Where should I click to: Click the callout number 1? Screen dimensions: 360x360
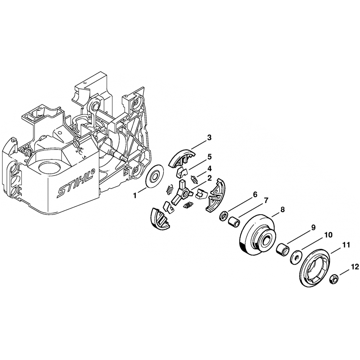click(x=135, y=195)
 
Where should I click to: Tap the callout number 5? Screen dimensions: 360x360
click(x=209, y=157)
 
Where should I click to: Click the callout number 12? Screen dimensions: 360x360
click(x=355, y=267)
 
